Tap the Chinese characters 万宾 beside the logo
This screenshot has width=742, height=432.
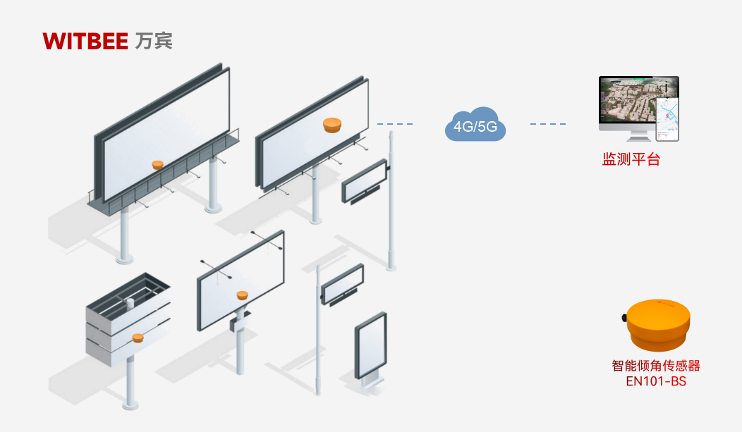click(153, 41)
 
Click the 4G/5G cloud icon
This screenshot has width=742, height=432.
click(476, 125)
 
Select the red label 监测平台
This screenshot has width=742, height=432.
click(631, 159)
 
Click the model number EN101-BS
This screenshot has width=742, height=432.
click(656, 381)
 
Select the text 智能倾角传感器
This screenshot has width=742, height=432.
click(656, 366)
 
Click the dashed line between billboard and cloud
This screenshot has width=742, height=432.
click(395, 125)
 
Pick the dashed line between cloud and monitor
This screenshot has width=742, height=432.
click(548, 125)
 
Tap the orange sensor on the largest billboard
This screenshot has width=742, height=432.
click(159, 164)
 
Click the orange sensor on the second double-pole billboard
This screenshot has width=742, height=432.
click(332, 125)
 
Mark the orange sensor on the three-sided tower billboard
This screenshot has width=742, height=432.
click(138, 338)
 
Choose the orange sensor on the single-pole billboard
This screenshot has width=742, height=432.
click(243, 295)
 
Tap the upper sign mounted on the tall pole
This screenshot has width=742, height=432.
click(365, 181)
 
